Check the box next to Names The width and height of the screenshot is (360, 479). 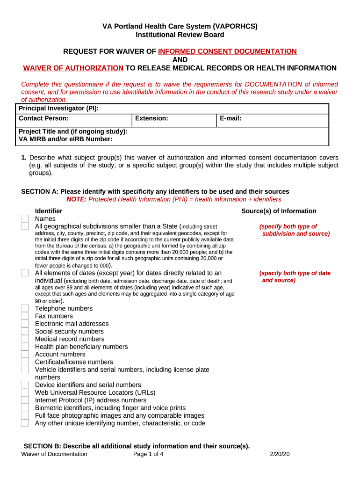coord(25,218)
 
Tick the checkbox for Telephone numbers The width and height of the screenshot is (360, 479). coord(25,308)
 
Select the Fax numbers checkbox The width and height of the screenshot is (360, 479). coord(25,316)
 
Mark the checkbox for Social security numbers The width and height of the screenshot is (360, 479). coord(25,331)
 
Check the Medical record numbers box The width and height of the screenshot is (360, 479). coord(25,339)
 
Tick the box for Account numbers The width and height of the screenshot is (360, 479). coord(25,354)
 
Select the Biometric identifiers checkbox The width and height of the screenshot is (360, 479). coord(25,408)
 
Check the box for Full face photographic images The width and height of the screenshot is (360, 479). coord(25,415)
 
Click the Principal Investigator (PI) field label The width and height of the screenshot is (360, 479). coord(58,109)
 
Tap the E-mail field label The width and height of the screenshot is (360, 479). coord(230,118)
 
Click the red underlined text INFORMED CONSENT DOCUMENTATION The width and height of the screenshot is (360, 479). coord(227,51)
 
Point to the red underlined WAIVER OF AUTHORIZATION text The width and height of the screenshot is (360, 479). coord(73,68)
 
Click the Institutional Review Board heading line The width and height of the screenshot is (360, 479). coord(180,35)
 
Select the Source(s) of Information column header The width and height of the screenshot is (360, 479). coord(279,211)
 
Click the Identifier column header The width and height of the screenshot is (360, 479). coord(49,211)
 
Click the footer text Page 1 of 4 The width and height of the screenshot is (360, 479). coord(148,454)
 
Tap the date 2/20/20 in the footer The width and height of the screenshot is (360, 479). coord(280,454)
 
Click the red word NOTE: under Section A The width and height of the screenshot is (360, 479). coord(76,199)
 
